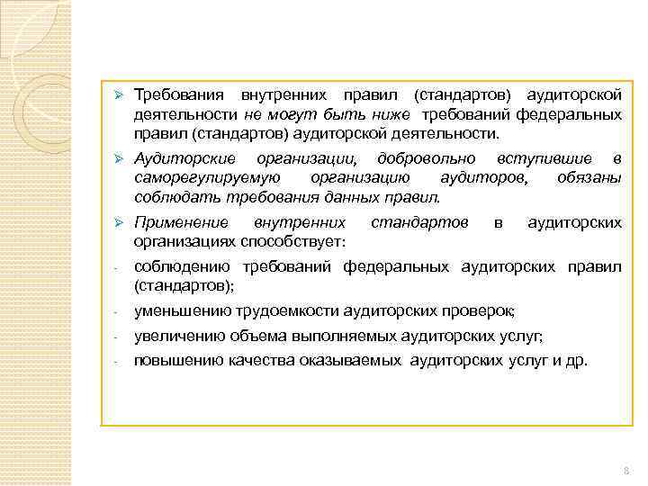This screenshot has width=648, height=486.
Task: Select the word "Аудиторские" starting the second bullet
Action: [175, 158]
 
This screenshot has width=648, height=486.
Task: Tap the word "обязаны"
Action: [589, 178]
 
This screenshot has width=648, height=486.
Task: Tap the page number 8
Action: [624, 471]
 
